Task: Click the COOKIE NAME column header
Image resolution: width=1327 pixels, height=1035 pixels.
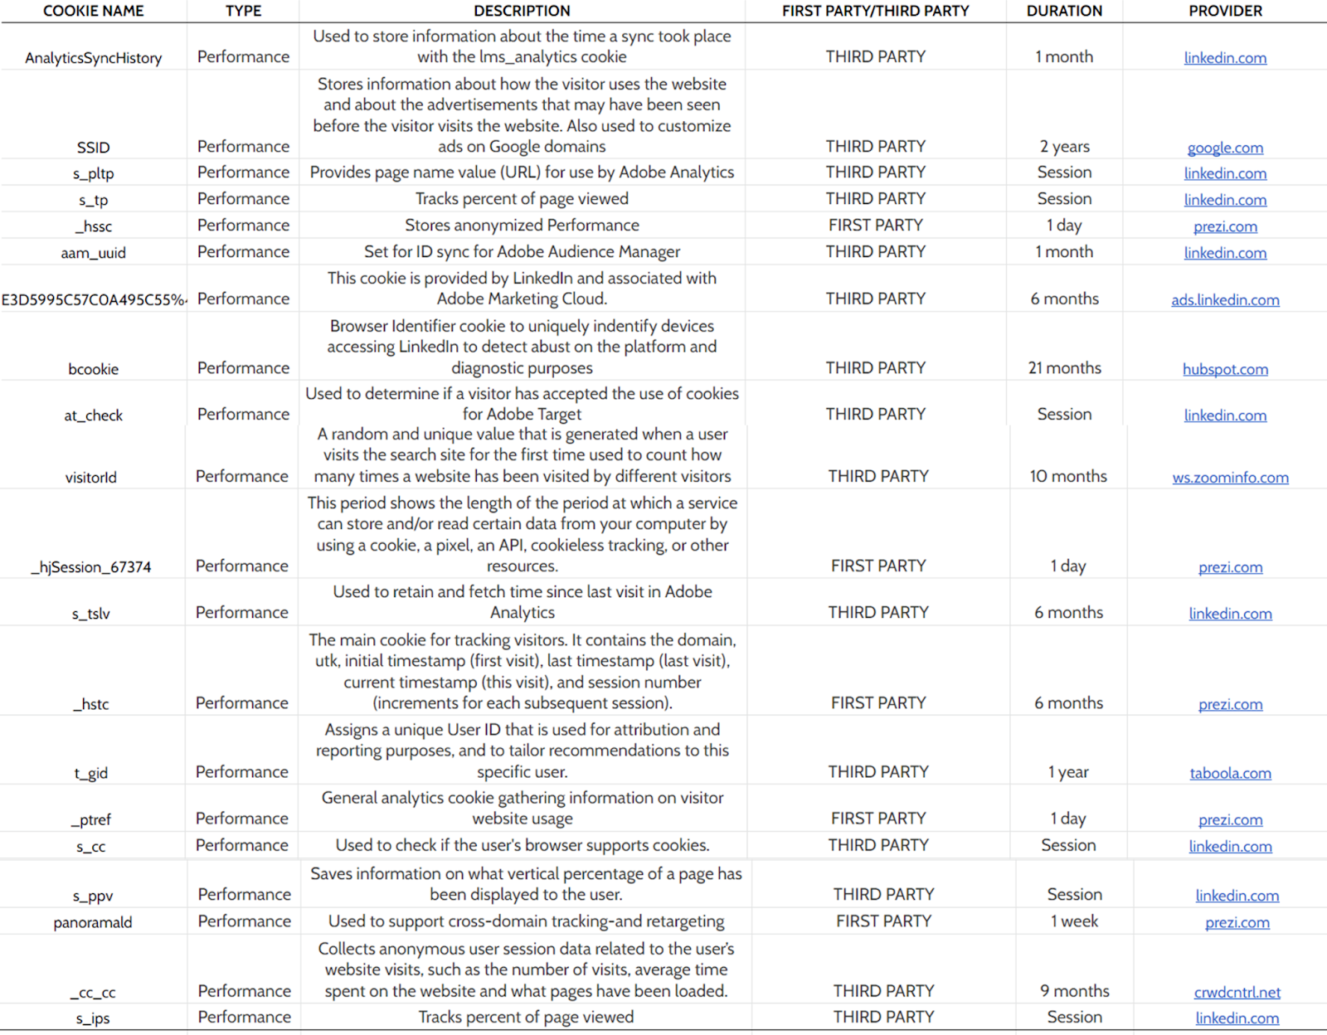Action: click(93, 11)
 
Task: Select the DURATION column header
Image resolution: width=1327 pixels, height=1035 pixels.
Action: click(1064, 11)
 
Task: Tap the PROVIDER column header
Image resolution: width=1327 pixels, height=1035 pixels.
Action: click(1225, 11)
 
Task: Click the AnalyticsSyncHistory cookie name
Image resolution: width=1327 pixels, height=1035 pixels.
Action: click(93, 58)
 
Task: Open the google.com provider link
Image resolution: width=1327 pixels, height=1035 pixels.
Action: click(1225, 148)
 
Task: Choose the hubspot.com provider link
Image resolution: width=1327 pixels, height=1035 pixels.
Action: click(1225, 369)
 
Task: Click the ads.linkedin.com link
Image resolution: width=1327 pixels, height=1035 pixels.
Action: click(1225, 300)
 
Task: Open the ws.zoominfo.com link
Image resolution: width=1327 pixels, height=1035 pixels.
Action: click(1230, 478)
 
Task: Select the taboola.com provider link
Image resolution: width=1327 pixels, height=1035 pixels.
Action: click(1230, 773)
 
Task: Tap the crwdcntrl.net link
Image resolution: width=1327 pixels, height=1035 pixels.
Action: click(1237, 992)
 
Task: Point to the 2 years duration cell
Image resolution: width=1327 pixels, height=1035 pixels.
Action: click(1065, 147)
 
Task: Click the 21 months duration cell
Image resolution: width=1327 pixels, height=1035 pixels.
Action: click(1065, 368)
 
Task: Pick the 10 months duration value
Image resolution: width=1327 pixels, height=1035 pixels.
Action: click(1068, 477)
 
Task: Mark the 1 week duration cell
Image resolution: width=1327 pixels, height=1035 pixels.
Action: click(1074, 921)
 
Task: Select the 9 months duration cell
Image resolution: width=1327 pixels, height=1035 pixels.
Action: click(1075, 991)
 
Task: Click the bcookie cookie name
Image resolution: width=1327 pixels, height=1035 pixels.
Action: click(93, 369)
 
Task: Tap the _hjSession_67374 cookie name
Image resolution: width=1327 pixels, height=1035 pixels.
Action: click(91, 567)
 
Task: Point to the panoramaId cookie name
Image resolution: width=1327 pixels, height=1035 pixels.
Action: click(93, 922)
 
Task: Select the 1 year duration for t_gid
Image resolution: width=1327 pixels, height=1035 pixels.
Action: click(1068, 772)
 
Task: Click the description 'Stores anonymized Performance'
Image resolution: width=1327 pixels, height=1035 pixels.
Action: click(522, 226)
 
